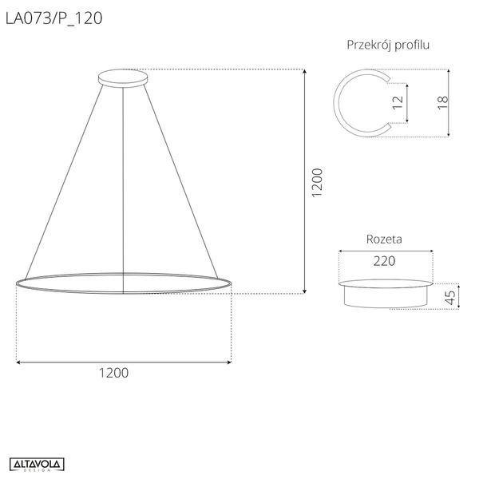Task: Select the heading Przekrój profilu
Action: pyautogui.click(x=388, y=45)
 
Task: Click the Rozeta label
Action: pyautogui.click(x=383, y=239)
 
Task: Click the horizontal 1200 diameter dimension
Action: pyautogui.click(x=113, y=373)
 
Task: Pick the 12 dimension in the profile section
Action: pyautogui.click(x=398, y=102)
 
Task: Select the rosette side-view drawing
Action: pyautogui.click(x=386, y=293)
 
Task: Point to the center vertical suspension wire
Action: pyautogui.click(x=124, y=184)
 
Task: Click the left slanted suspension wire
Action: pyautogui.click(x=64, y=180)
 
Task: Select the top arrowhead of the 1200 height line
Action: pyautogui.click(x=307, y=73)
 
